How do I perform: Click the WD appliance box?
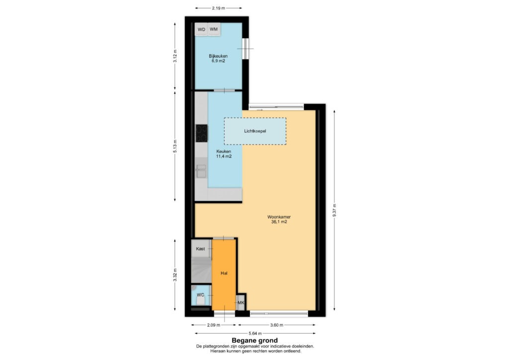pyautogui.click(x=201, y=29)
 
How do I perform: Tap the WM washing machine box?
pyautogui.click(x=214, y=29)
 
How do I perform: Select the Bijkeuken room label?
pyautogui.click(x=218, y=58)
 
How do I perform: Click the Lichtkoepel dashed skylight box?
pyautogui.click(x=255, y=131)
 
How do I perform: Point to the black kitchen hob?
pyautogui.click(x=202, y=133)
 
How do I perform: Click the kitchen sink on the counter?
pyautogui.click(x=201, y=171)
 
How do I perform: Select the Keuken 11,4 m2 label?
pyautogui.click(x=224, y=154)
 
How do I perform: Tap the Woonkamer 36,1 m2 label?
pyautogui.click(x=279, y=219)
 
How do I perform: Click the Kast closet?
pyautogui.click(x=201, y=249)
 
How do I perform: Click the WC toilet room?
pyautogui.click(x=201, y=295)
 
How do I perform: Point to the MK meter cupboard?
pyautogui.click(x=241, y=302)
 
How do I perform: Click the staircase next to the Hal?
pyautogui.click(x=201, y=270)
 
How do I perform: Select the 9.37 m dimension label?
pyautogui.click(x=335, y=210)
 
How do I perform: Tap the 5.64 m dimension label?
pyautogui.click(x=255, y=333)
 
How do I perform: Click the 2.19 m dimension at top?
pyautogui.click(x=219, y=8)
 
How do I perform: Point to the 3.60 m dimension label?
pyautogui.click(x=276, y=325)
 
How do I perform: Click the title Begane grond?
pyautogui.click(x=254, y=341)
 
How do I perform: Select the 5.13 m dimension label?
pyautogui.click(x=175, y=146)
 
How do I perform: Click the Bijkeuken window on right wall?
pyautogui.click(x=246, y=49)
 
